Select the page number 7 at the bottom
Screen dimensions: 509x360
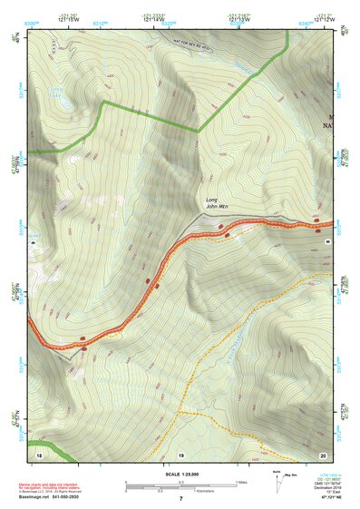coord(180,499)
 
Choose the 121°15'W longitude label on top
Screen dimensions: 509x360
coord(67,18)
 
